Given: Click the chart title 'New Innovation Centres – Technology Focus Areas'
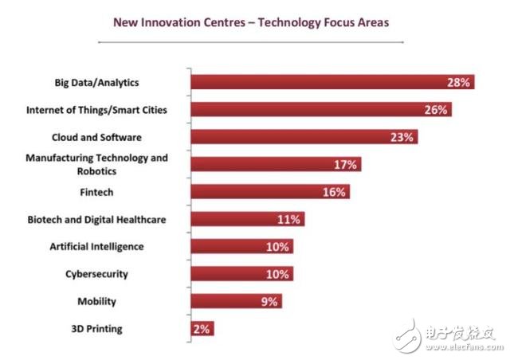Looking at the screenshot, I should point(251,22).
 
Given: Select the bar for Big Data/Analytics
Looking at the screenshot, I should point(319,81).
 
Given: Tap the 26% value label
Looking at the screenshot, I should point(435,109).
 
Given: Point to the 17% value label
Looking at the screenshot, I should point(345,164).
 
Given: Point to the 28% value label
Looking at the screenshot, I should point(460,81).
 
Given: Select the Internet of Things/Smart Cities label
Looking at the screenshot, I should point(97,109).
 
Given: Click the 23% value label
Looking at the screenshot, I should point(402,136).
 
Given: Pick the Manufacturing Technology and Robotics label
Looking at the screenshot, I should point(96,164).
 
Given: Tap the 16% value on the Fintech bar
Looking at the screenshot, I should point(334,191).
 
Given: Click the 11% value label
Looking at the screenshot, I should point(289,219).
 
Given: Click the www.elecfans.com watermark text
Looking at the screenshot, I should point(464,347).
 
